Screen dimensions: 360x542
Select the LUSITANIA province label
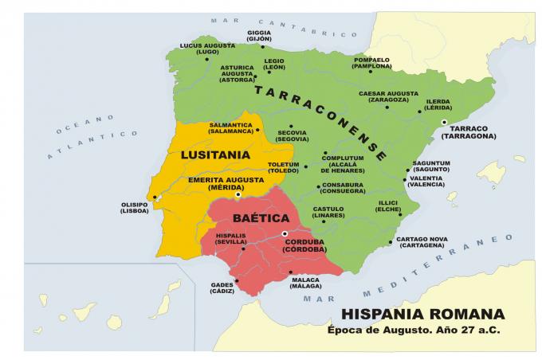coord(216,154)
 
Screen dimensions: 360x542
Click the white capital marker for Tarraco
coord(445,122)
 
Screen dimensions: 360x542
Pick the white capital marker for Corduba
coord(285,233)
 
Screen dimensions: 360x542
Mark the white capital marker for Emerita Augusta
coord(238,195)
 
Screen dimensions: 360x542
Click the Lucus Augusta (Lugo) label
coord(207,49)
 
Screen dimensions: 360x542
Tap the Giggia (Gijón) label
coord(259,36)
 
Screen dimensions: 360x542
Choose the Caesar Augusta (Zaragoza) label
coord(388,96)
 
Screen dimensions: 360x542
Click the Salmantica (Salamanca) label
coord(230,127)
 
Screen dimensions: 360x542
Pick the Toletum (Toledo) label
coord(283,167)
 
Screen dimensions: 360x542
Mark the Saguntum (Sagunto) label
coord(431,166)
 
